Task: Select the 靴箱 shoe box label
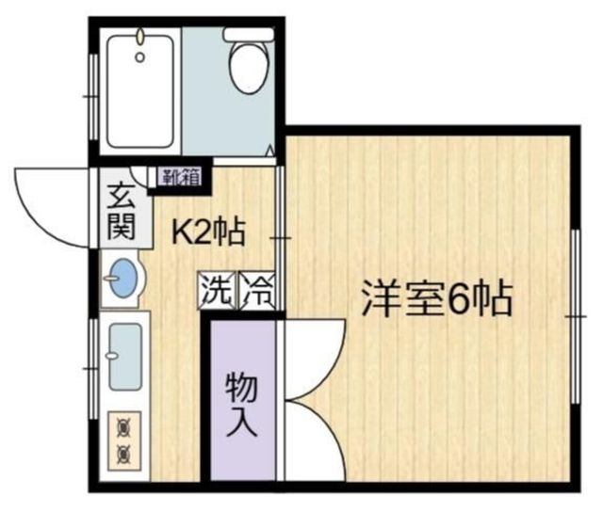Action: pyautogui.click(x=179, y=175)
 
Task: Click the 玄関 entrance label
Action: pyautogui.click(x=121, y=212)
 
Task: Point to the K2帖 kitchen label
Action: pyautogui.click(x=208, y=231)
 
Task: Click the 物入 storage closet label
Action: pyautogui.click(x=241, y=405)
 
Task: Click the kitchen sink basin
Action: pyautogui.click(x=124, y=357)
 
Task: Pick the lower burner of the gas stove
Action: pyautogui.click(x=122, y=456)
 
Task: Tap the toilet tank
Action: pyautogui.click(x=248, y=34)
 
